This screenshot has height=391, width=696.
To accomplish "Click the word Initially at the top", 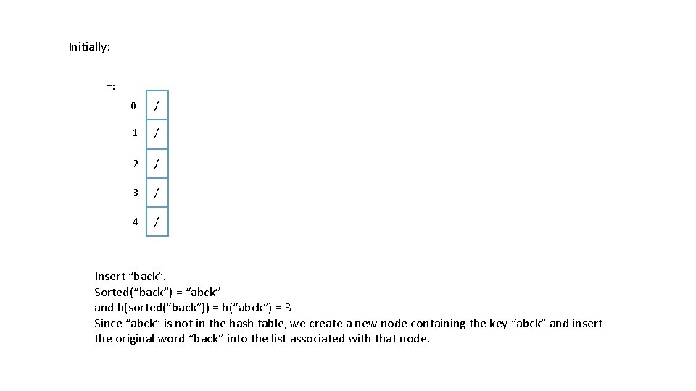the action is pos(89,47).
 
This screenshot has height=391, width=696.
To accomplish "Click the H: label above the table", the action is pos(110,86).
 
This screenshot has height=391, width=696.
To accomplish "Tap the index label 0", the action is pos(133,106).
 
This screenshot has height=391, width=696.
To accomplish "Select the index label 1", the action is pos(135,133).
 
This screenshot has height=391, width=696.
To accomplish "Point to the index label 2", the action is pos(136,164).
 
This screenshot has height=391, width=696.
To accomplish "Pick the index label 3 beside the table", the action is pos(136,193).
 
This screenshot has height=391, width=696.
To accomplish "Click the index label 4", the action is pos(136,222).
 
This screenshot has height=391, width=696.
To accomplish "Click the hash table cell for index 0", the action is pos(157,105).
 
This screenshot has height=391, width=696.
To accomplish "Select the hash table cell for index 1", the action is pos(157,135).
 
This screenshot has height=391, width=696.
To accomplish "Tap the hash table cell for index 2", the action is pos(157,164).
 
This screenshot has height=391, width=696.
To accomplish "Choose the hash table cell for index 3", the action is pos(157,193).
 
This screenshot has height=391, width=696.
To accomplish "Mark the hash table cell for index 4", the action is pos(157,222).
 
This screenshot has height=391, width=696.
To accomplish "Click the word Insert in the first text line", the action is pos(110,277).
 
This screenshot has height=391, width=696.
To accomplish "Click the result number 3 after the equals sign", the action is pos(288,308).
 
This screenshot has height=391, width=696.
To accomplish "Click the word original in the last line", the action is pos(150,340).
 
